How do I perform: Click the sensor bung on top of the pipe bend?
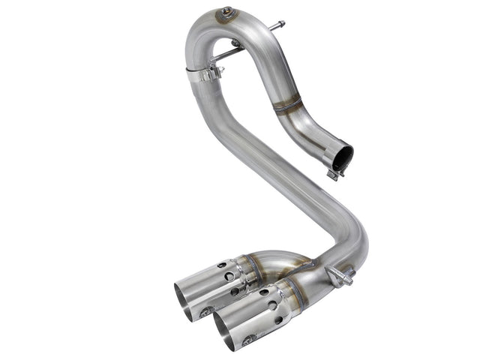click(223, 12)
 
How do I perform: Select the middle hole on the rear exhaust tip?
click(229, 277)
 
